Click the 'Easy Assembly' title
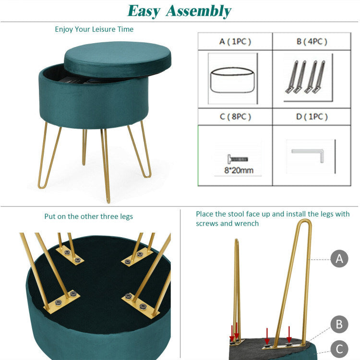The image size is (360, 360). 180,11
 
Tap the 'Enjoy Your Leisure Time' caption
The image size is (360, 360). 94,29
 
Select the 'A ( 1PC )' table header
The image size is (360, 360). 235,42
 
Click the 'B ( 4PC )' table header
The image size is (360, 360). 312,42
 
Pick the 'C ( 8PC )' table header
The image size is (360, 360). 235,117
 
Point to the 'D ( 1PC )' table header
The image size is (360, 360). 312,117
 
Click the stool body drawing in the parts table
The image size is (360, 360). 233,80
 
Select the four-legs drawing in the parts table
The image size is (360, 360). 305,77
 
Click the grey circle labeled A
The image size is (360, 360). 339,259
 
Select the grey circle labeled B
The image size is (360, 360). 339,324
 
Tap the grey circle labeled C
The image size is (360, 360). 339,348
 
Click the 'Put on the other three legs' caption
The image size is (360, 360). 89,216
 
